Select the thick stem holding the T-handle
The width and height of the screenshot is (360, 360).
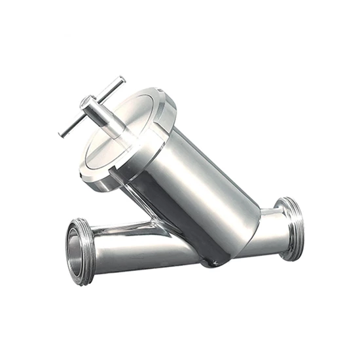[x=105, y=117]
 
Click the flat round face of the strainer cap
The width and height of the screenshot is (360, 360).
[x=124, y=134]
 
